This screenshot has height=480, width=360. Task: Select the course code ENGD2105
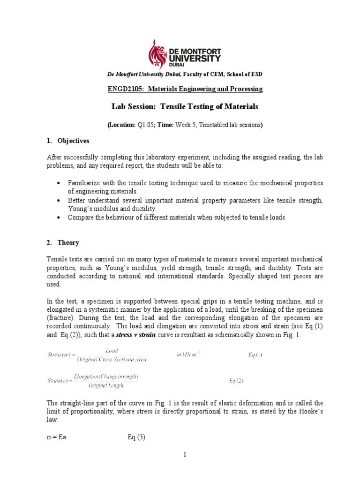coord(125,89)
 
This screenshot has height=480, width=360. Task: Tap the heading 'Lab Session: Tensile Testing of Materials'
coord(185,107)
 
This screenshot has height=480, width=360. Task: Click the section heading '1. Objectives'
coord(68,141)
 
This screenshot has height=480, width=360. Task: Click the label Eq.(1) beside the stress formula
coord(255,354)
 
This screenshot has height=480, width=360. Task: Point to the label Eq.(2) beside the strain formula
coord(236,381)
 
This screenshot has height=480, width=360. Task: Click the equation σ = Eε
coord(58,438)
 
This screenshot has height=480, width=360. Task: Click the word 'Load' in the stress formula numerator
coord(112,350)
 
